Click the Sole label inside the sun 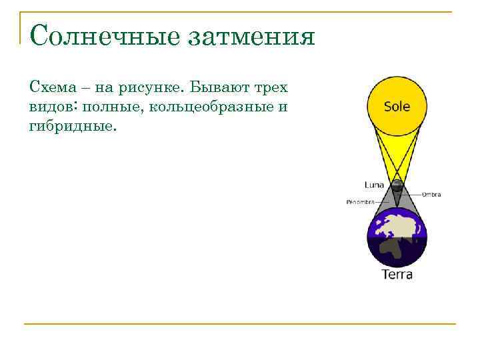click(397, 107)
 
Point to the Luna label click(374, 184)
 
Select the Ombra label click(431, 195)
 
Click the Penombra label click(360, 201)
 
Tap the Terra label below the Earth click(397, 274)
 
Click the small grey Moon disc click(397, 185)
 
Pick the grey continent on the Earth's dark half click(392, 251)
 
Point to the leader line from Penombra click(383, 201)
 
